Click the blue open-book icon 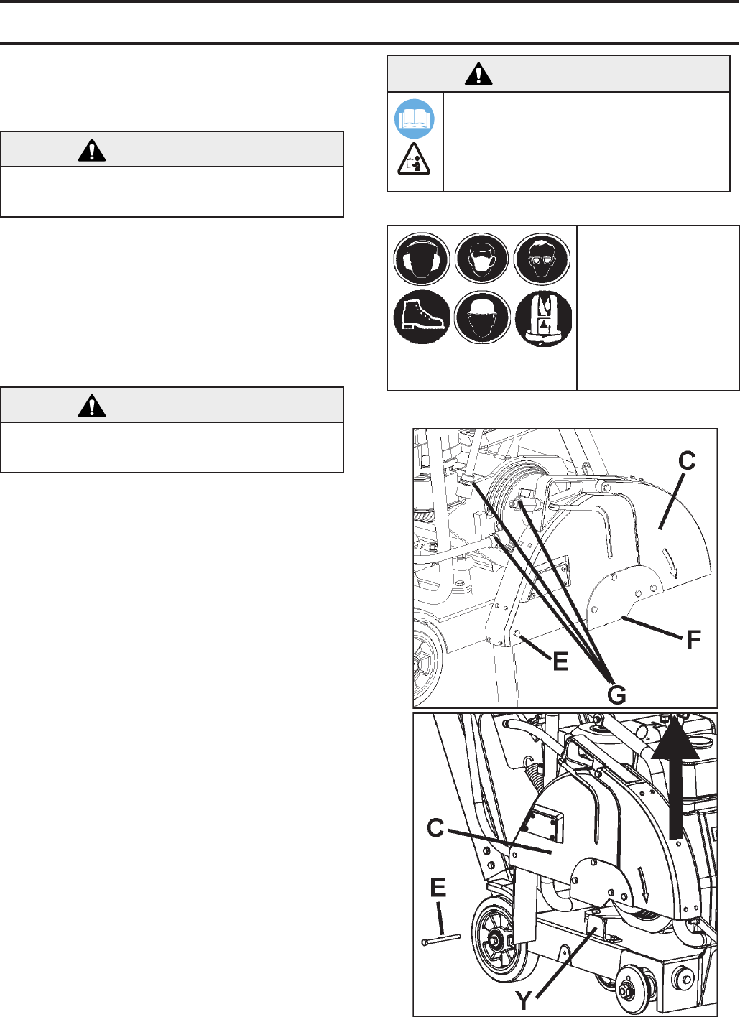coord(414,119)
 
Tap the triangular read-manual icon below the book coord(414,159)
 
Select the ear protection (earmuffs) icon coord(422,259)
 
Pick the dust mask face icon coord(481,259)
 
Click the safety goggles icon coord(542,259)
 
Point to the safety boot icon coord(422,317)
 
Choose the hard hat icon coord(481,317)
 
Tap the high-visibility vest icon coord(543,318)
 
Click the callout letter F coord(693,640)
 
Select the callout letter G coord(616,695)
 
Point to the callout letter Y coord(524,1000)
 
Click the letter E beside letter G coord(561,661)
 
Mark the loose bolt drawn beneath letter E coord(441,941)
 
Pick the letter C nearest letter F coord(687,461)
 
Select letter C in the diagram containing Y coord(435,827)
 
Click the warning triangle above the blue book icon coord(478,74)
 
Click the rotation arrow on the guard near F coord(670,562)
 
